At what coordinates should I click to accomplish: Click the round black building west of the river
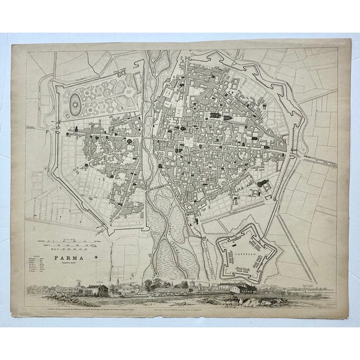[129, 141]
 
